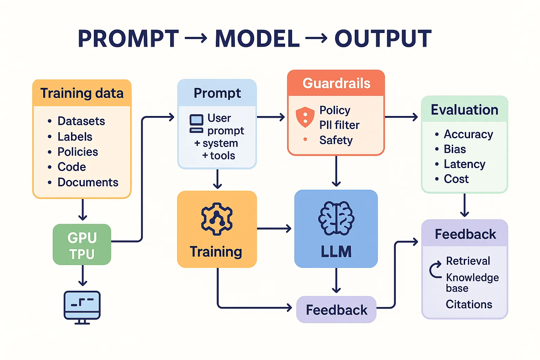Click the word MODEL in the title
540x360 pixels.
[x=257, y=39]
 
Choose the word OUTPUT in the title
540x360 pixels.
[x=383, y=39]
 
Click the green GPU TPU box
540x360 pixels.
[x=82, y=245]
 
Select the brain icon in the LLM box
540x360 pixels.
[x=336, y=218]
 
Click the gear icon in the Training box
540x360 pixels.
[x=217, y=219]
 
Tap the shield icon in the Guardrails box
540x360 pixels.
[x=305, y=117]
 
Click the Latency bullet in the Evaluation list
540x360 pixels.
[x=464, y=164]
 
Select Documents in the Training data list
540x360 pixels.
[x=88, y=182]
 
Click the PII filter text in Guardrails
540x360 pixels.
[x=339, y=125]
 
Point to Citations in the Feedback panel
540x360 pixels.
[x=469, y=304]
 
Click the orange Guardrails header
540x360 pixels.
[x=336, y=83]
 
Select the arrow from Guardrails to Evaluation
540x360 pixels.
[x=401, y=117]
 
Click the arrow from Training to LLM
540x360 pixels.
[x=274, y=229]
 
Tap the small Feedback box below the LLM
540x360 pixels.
[x=336, y=310]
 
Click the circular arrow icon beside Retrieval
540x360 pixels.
[x=435, y=270]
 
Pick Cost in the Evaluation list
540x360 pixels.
[x=456, y=179]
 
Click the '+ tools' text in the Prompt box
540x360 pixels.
[x=218, y=155]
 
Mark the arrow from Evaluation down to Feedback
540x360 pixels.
[x=464, y=206]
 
